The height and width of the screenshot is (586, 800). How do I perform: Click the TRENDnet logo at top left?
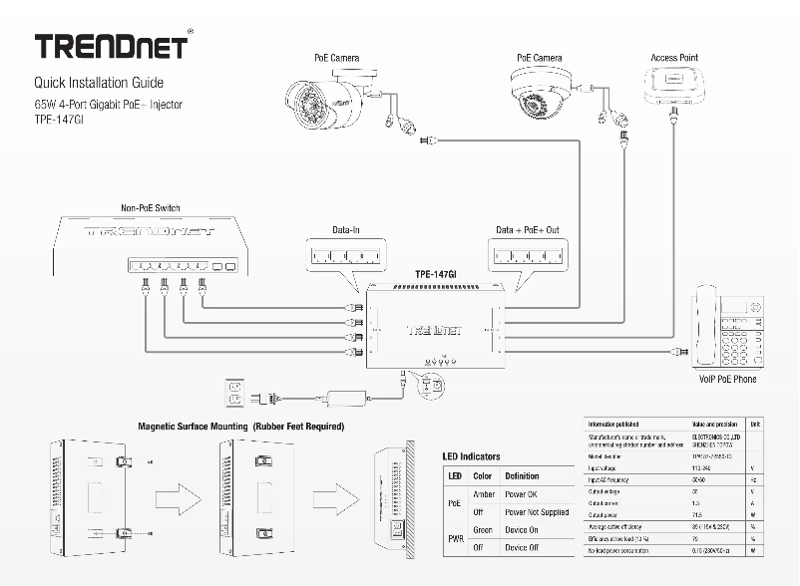[110, 46]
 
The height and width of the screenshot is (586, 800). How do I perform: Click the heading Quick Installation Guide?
[99, 83]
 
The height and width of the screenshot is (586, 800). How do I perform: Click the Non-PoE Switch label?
[151, 207]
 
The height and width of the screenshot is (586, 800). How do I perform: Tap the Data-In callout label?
[346, 230]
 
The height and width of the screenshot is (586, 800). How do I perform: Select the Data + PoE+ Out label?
[527, 230]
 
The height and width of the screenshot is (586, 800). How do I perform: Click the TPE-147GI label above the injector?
[436, 274]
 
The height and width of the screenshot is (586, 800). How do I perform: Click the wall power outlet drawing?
[236, 392]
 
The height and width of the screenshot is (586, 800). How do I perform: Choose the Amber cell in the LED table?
[483, 494]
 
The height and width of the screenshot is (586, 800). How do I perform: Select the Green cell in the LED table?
[483, 530]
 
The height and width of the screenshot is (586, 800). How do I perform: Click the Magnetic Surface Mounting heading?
[240, 427]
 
